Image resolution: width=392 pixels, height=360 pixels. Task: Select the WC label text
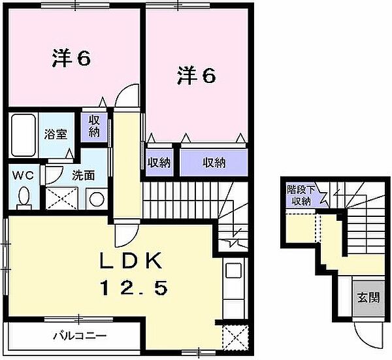23,175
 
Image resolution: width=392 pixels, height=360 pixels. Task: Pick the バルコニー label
80,338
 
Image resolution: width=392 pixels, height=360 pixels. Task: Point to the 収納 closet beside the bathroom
91,126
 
